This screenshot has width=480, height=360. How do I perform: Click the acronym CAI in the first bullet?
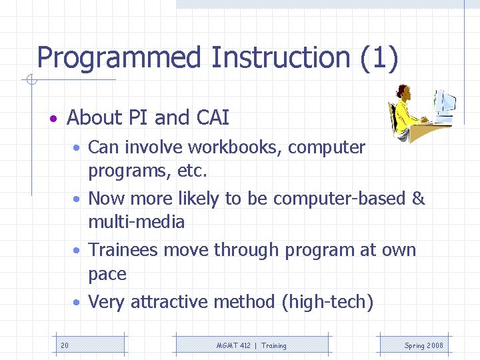[213, 118]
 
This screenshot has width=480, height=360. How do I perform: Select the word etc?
[193, 171]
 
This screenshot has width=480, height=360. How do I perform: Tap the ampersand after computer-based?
[418, 199]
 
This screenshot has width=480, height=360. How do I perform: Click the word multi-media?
[136, 222]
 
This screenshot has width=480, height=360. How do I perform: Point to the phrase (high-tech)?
[327, 302]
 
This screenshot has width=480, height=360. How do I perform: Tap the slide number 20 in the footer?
[64, 345]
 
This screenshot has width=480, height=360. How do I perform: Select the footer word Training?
[274, 345]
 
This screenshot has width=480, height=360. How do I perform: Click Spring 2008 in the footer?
[423, 345]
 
